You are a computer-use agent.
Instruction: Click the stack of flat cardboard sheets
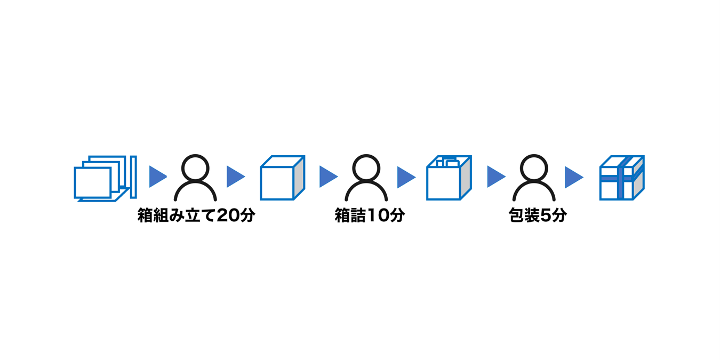point(105,178)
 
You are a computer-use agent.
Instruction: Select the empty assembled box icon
point(282,178)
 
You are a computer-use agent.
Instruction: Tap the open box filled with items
point(449,178)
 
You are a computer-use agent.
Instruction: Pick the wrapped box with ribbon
point(621,178)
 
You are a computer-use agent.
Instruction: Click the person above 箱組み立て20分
point(195,178)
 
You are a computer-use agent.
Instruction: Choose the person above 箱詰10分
point(366,178)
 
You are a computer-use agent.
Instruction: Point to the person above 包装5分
point(534,178)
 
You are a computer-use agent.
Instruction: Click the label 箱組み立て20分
point(196,215)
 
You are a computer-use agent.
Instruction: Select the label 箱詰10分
point(370,215)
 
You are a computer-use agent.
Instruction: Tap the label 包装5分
point(537,215)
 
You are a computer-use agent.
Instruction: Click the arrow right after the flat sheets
point(157,177)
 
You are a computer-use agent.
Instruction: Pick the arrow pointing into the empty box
point(235,177)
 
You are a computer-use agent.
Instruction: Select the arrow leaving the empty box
point(328,177)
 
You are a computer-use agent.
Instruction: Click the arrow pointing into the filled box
point(405,177)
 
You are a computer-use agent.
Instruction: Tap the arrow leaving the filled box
point(495,177)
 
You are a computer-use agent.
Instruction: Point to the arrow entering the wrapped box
point(573,177)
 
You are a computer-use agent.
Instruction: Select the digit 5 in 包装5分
point(545,215)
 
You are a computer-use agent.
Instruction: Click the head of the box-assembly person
point(195,167)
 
